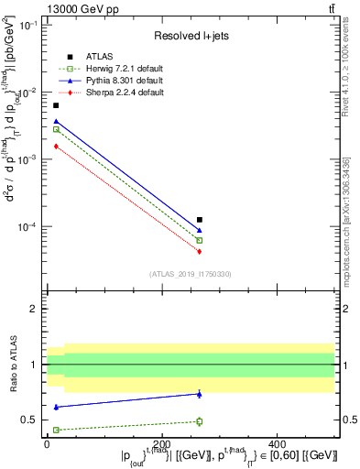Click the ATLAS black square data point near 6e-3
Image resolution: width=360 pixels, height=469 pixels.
56,106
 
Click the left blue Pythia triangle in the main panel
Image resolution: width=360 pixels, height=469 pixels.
56,121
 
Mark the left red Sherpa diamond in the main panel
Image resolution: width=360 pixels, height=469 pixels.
56,147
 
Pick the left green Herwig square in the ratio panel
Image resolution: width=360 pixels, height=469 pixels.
56,430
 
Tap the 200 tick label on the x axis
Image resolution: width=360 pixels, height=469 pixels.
161,443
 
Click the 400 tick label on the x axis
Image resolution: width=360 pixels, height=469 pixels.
277,443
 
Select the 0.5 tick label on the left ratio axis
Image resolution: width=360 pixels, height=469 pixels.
28,420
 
